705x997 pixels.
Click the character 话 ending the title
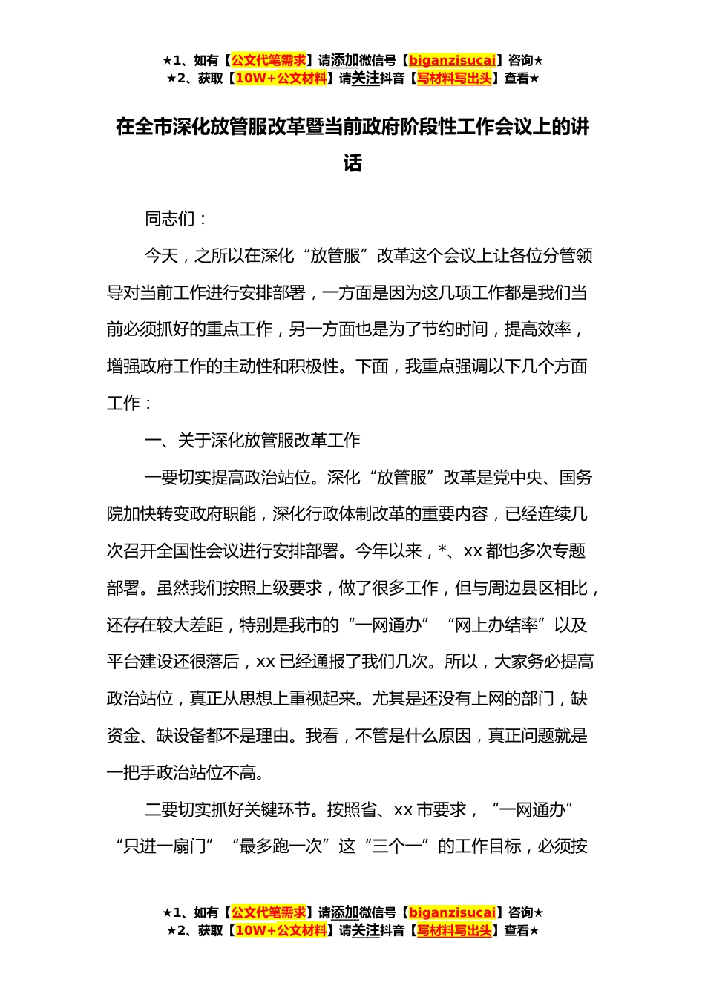pyautogui.click(x=352, y=163)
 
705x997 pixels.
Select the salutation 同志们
pyautogui.click(x=169, y=219)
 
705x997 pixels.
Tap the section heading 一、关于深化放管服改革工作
pyautogui.click(x=252, y=441)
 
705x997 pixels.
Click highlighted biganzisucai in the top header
pyautogui.click(x=452, y=60)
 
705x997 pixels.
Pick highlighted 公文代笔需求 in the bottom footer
pyautogui.click(x=269, y=912)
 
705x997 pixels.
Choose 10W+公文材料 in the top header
pyautogui.click(x=281, y=78)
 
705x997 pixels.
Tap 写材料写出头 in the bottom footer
pyautogui.click(x=454, y=930)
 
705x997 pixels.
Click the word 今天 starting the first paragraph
pyautogui.click(x=161, y=256)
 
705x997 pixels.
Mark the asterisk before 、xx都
pyautogui.click(x=443, y=552)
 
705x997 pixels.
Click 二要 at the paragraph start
pyautogui.click(x=161, y=810)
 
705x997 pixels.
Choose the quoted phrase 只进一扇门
pyautogui.click(x=165, y=846)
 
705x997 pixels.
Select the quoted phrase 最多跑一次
pyautogui.click(x=281, y=846)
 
